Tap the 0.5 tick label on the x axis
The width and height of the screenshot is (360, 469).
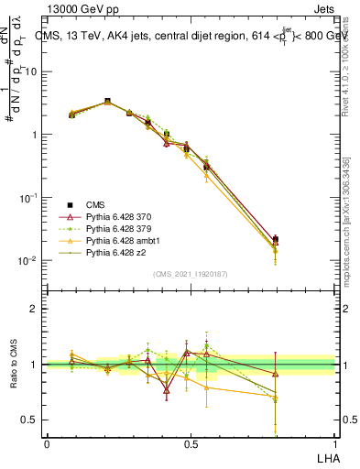(191, 443)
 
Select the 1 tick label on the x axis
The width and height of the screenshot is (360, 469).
(333, 443)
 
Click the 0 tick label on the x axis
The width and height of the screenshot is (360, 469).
(47, 443)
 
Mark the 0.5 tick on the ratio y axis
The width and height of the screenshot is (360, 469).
(29, 420)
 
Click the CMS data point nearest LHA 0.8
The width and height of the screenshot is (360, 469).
(276, 239)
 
